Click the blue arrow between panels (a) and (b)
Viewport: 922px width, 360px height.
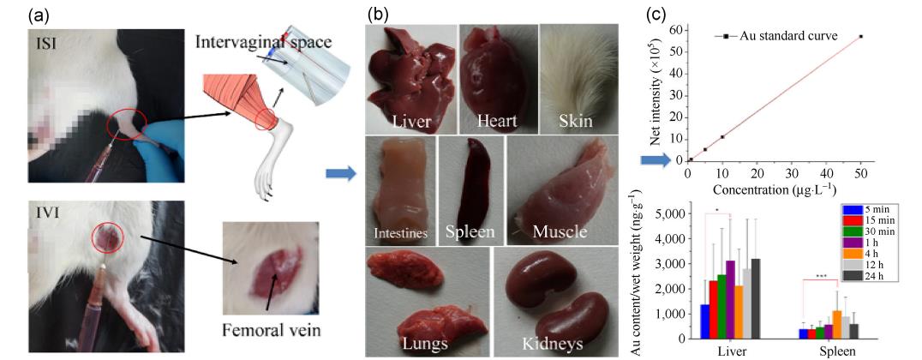pos(338,174)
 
